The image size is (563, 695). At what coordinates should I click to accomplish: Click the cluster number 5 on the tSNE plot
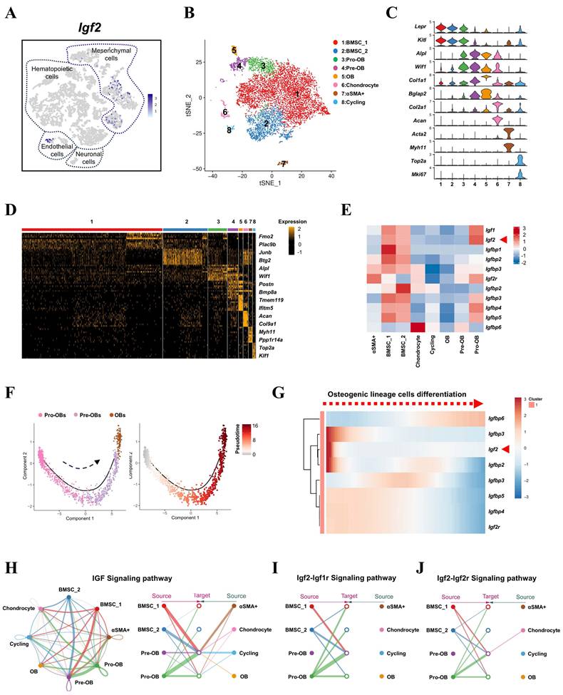pos(234,50)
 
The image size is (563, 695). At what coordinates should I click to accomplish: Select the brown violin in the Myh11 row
pos(508,147)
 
